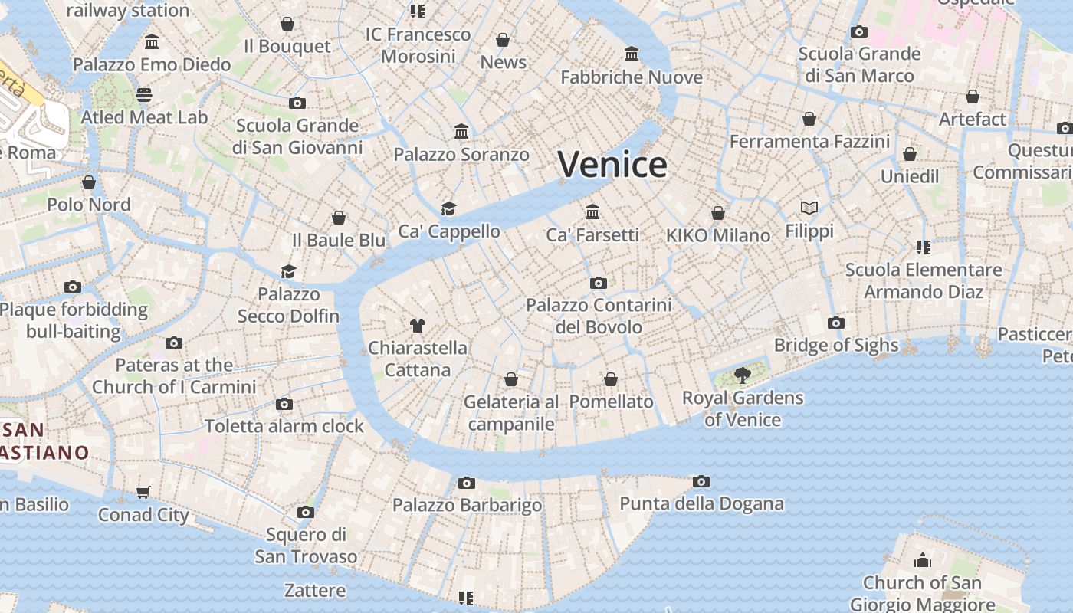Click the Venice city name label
click(x=612, y=165)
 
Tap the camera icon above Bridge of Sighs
click(x=836, y=323)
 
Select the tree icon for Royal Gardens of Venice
click(x=742, y=375)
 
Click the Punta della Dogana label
click(x=701, y=503)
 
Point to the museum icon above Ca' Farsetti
click(x=592, y=211)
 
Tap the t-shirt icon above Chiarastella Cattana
click(x=417, y=325)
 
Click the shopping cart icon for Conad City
click(x=143, y=492)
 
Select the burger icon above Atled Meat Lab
click(x=144, y=95)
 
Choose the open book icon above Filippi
click(x=809, y=208)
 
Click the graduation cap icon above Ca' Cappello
click(x=448, y=208)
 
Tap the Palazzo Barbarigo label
click(x=467, y=505)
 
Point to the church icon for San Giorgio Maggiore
click(x=923, y=560)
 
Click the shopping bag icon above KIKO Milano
click(x=718, y=213)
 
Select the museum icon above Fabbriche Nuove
click(x=632, y=54)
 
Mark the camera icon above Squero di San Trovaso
click(x=306, y=512)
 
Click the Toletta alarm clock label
click(x=284, y=426)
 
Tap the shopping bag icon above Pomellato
click(x=611, y=379)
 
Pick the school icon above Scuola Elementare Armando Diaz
click(x=924, y=247)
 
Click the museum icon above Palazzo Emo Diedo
click(x=152, y=41)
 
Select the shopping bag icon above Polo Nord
click(x=89, y=182)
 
